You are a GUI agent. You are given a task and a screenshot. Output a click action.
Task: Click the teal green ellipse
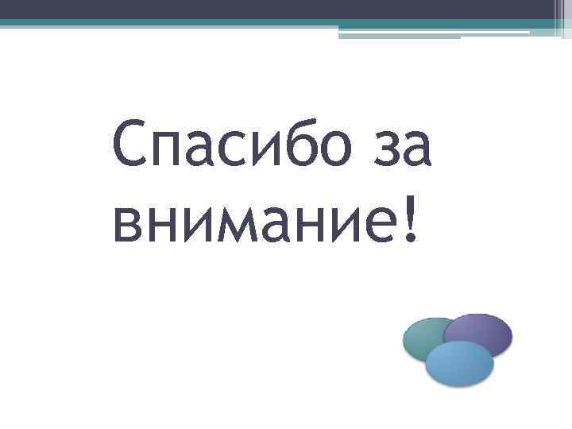coord(421,338)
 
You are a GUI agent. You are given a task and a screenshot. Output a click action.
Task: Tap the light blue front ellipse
coord(459,364)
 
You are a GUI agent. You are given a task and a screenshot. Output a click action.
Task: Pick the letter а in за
coord(414,151)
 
